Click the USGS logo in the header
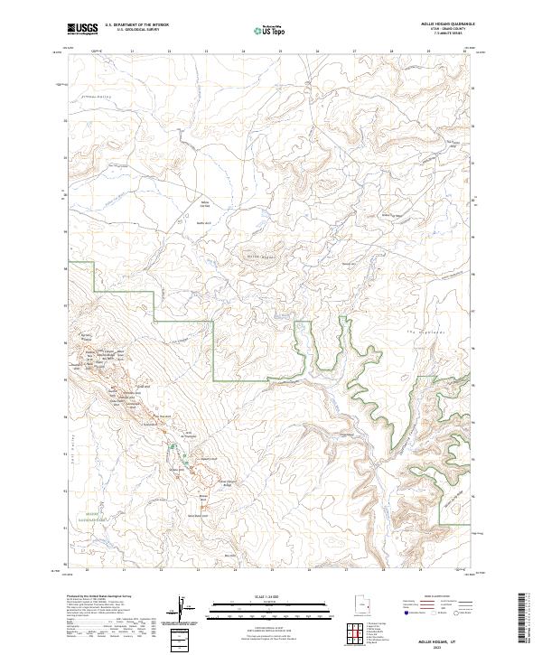click(80, 29)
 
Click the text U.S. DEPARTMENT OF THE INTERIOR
click(137, 24)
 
